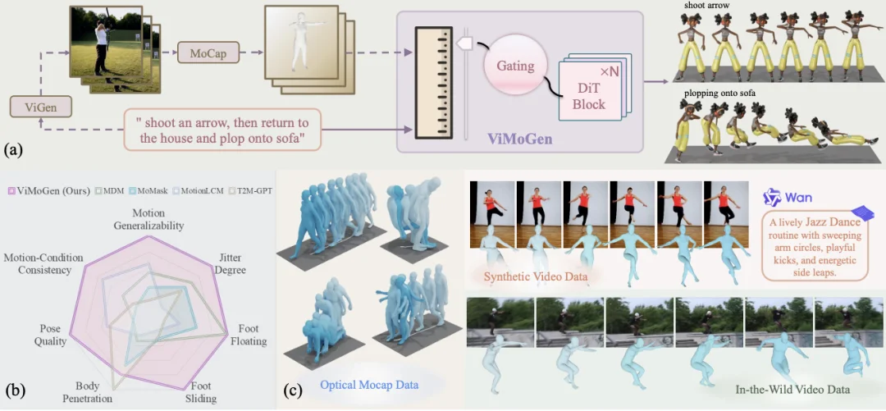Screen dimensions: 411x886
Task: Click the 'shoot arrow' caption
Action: click(708, 7)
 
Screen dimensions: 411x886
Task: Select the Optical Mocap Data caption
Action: click(369, 384)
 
